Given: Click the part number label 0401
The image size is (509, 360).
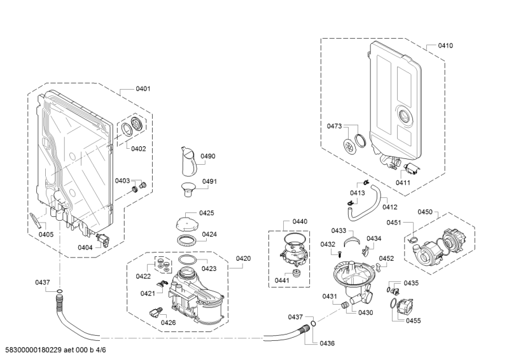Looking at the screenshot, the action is pyautogui.click(x=143, y=88).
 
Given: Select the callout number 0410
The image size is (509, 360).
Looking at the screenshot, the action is pyautogui.click(x=445, y=45).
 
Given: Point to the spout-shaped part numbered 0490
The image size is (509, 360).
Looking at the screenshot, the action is pyautogui.click(x=188, y=162).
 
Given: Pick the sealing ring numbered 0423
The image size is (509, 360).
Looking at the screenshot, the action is pyautogui.click(x=188, y=260).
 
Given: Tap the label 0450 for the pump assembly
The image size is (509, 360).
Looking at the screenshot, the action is pyautogui.click(x=425, y=212).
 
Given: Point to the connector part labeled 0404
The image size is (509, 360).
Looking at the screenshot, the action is pyautogui.click(x=104, y=240).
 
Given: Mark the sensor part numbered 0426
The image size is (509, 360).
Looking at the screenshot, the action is pyautogui.click(x=155, y=312).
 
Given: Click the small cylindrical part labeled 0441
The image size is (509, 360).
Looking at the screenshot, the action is pyautogui.click(x=296, y=273).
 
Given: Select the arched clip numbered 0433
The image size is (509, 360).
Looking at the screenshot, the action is pyautogui.click(x=352, y=240).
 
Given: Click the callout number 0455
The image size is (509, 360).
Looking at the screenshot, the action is pyautogui.click(x=413, y=321).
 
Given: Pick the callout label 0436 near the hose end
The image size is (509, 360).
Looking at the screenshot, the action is pyautogui.click(x=327, y=343).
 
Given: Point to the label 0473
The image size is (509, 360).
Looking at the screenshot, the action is pyautogui.click(x=335, y=126).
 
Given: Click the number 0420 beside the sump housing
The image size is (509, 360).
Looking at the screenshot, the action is pyautogui.click(x=243, y=258).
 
